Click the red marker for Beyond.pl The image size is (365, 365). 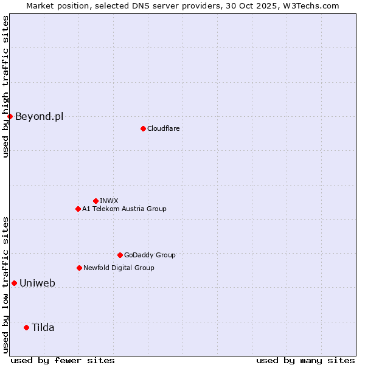[x=10, y=116]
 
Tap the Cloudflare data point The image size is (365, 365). [x=143, y=128]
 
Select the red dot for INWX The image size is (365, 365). [x=96, y=201]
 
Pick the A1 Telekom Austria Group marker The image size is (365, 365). [x=78, y=209]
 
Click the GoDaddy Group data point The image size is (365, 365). [x=120, y=255]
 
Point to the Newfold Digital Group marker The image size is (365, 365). [x=79, y=268]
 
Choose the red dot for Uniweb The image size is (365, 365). [x=14, y=283]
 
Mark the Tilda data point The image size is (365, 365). [x=26, y=327]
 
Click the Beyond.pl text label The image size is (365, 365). [x=39, y=116]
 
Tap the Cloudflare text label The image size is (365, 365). [x=163, y=128]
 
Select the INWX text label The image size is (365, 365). [x=109, y=201]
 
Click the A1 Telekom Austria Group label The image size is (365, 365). [x=124, y=209]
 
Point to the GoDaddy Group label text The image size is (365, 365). [x=150, y=255]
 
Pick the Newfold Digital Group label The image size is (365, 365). [x=119, y=268]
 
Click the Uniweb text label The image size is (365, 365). [x=37, y=283]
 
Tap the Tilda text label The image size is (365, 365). [x=43, y=327]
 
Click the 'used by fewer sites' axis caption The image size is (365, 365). [x=63, y=360]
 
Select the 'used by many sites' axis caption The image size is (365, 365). [x=305, y=360]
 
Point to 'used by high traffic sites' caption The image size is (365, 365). [x=5, y=86]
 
